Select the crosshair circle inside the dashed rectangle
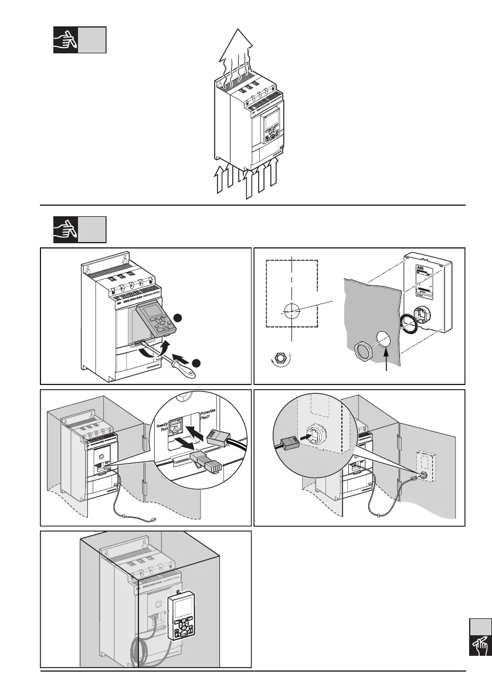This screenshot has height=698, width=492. point(291,311)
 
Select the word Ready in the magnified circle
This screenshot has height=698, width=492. point(162,424)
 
